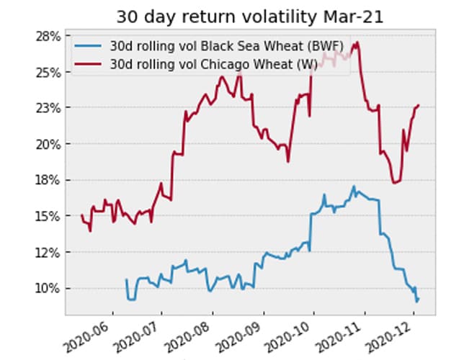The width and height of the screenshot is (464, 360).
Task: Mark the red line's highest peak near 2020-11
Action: (357, 42)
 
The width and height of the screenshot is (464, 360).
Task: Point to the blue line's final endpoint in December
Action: (418, 299)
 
